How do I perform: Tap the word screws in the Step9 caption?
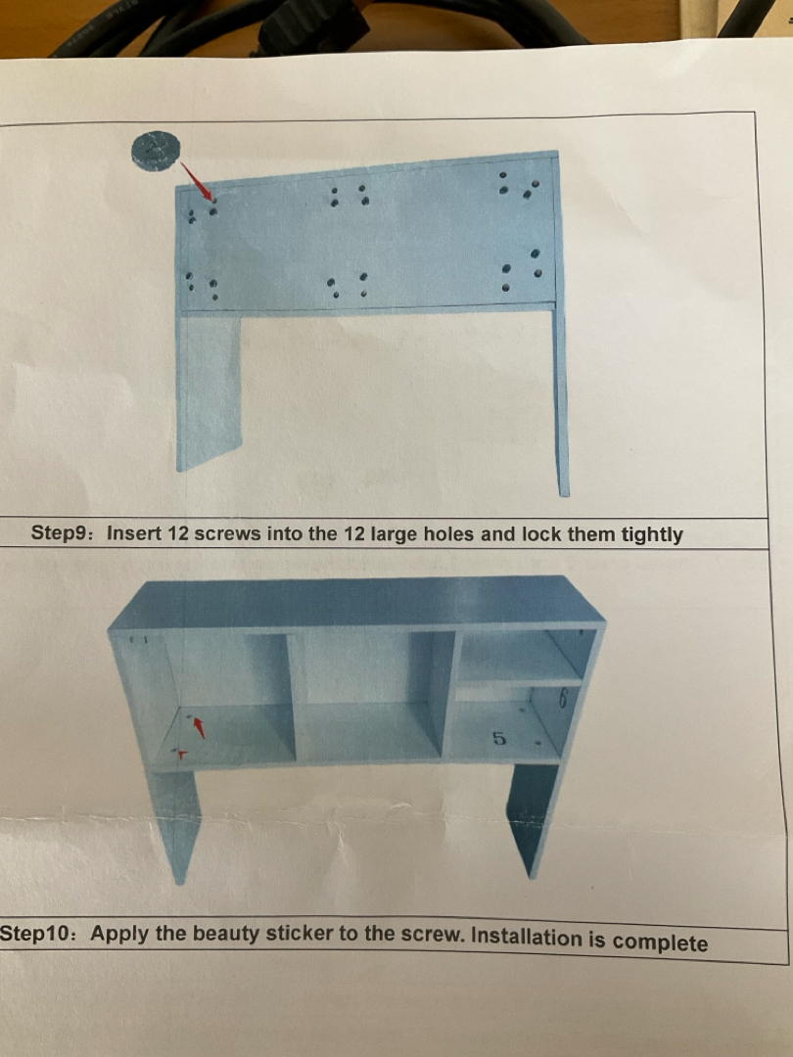tap(228, 533)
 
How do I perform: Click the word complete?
tap(660, 942)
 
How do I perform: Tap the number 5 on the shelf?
tap(498, 738)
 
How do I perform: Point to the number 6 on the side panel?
tap(563, 699)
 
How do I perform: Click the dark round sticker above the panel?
tap(156, 151)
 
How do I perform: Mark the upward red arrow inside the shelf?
tap(199, 727)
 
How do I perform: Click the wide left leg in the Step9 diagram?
tap(209, 391)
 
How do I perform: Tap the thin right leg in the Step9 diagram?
tap(561, 401)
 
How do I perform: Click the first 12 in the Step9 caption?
tap(177, 533)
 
